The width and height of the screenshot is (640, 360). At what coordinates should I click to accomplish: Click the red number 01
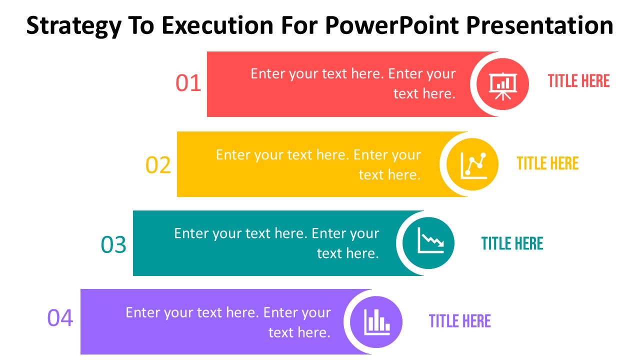click(x=188, y=83)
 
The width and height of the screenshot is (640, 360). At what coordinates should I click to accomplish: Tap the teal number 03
click(x=113, y=245)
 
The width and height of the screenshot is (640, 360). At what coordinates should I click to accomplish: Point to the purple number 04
click(x=60, y=318)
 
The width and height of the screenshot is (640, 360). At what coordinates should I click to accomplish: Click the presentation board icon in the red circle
click(x=502, y=84)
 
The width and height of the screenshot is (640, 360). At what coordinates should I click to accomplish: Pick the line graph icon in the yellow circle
click(x=473, y=164)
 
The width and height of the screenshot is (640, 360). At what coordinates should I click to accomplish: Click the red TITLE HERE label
click(x=578, y=81)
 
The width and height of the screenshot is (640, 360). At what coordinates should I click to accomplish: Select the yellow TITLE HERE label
click(x=547, y=163)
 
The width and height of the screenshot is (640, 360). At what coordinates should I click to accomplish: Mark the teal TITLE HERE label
click(x=512, y=243)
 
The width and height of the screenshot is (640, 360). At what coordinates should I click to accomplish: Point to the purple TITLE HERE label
click(x=460, y=321)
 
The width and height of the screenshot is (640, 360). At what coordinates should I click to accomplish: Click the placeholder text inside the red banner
click(x=353, y=83)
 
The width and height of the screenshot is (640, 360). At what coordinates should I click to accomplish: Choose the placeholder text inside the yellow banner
click(x=318, y=164)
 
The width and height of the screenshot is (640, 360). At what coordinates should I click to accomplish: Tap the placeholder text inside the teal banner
click(x=276, y=243)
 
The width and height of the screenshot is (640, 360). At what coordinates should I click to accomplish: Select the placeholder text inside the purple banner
click(x=228, y=322)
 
